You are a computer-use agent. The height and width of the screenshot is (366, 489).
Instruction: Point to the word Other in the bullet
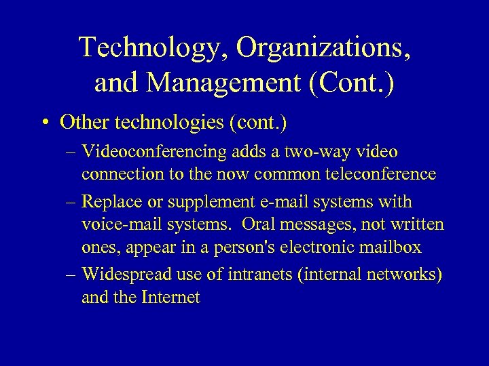79,123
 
